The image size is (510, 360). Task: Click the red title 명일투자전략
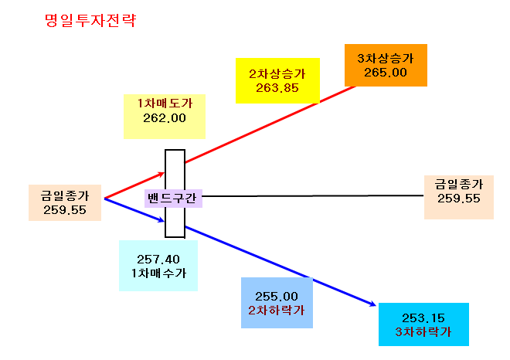click(90, 21)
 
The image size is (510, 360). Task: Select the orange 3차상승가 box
click(386, 66)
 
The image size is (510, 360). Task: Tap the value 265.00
click(386, 73)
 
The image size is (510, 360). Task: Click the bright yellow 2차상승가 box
click(277, 80)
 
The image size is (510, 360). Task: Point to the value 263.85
click(277, 88)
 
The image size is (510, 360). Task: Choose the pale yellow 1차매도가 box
click(165, 117)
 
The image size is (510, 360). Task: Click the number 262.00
click(165, 118)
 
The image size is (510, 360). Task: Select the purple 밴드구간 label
click(173, 199)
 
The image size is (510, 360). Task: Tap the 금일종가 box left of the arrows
click(65, 202)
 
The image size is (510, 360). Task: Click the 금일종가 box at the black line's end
click(459, 198)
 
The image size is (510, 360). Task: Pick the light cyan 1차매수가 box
click(158, 266)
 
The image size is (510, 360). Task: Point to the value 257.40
click(158, 260)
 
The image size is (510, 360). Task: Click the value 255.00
click(277, 297)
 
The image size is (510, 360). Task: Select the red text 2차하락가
click(277, 311)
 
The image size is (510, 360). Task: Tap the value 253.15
click(423, 318)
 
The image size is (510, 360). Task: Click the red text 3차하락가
click(423, 332)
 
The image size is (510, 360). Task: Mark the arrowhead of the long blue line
click(374, 305)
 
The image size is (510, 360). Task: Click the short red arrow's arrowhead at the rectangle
click(162, 174)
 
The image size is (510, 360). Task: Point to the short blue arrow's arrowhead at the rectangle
click(162, 220)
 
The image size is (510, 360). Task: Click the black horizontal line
click(313, 195)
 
